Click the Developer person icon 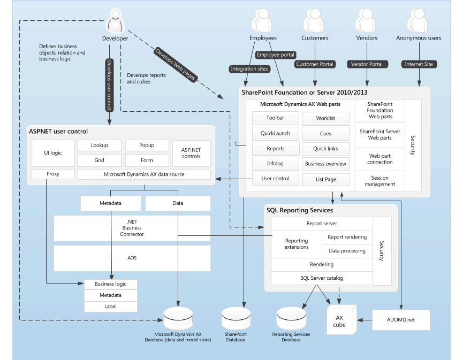tap(115, 22)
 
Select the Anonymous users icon tap(419, 22)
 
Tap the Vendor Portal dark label tap(367, 64)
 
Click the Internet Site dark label tap(419, 64)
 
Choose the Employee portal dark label tap(276, 55)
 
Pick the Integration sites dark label tap(249, 68)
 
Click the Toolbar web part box tap(275, 118)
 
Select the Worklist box tap(325, 118)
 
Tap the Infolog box tap(275, 164)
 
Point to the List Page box tap(325, 179)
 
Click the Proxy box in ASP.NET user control tap(52, 174)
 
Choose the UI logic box tap(52, 153)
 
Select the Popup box tap(147, 145)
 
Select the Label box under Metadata tap(110, 307)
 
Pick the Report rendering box tap(347, 237)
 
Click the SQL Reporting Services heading tap(300, 210)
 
